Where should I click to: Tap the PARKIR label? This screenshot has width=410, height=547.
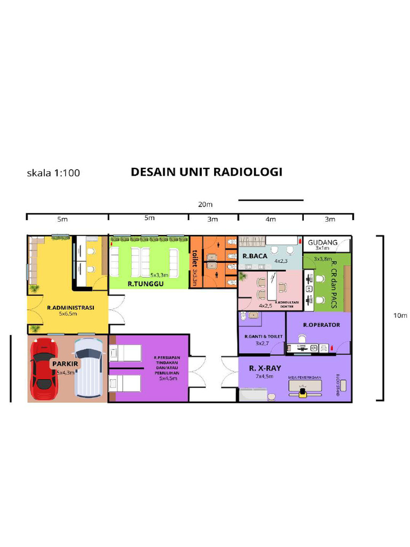tap(66, 364)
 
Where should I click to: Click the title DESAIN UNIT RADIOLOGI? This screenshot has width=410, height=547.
tap(207, 172)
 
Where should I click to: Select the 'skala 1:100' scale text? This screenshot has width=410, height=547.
tap(53, 173)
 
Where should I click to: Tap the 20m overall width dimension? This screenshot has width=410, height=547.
tap(206, 205)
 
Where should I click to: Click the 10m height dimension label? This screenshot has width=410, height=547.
tap(400, 316)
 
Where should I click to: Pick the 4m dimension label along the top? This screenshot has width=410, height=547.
tap(271, 219)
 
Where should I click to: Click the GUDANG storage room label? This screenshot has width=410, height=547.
tap(322, 243)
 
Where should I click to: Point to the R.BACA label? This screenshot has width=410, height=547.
tap(255, 256)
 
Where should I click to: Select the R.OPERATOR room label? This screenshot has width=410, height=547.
tap(321, 325)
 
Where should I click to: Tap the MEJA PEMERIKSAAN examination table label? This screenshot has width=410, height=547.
tap(304, 378)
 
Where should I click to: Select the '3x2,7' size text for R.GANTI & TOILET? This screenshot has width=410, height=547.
tap(262, 343)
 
